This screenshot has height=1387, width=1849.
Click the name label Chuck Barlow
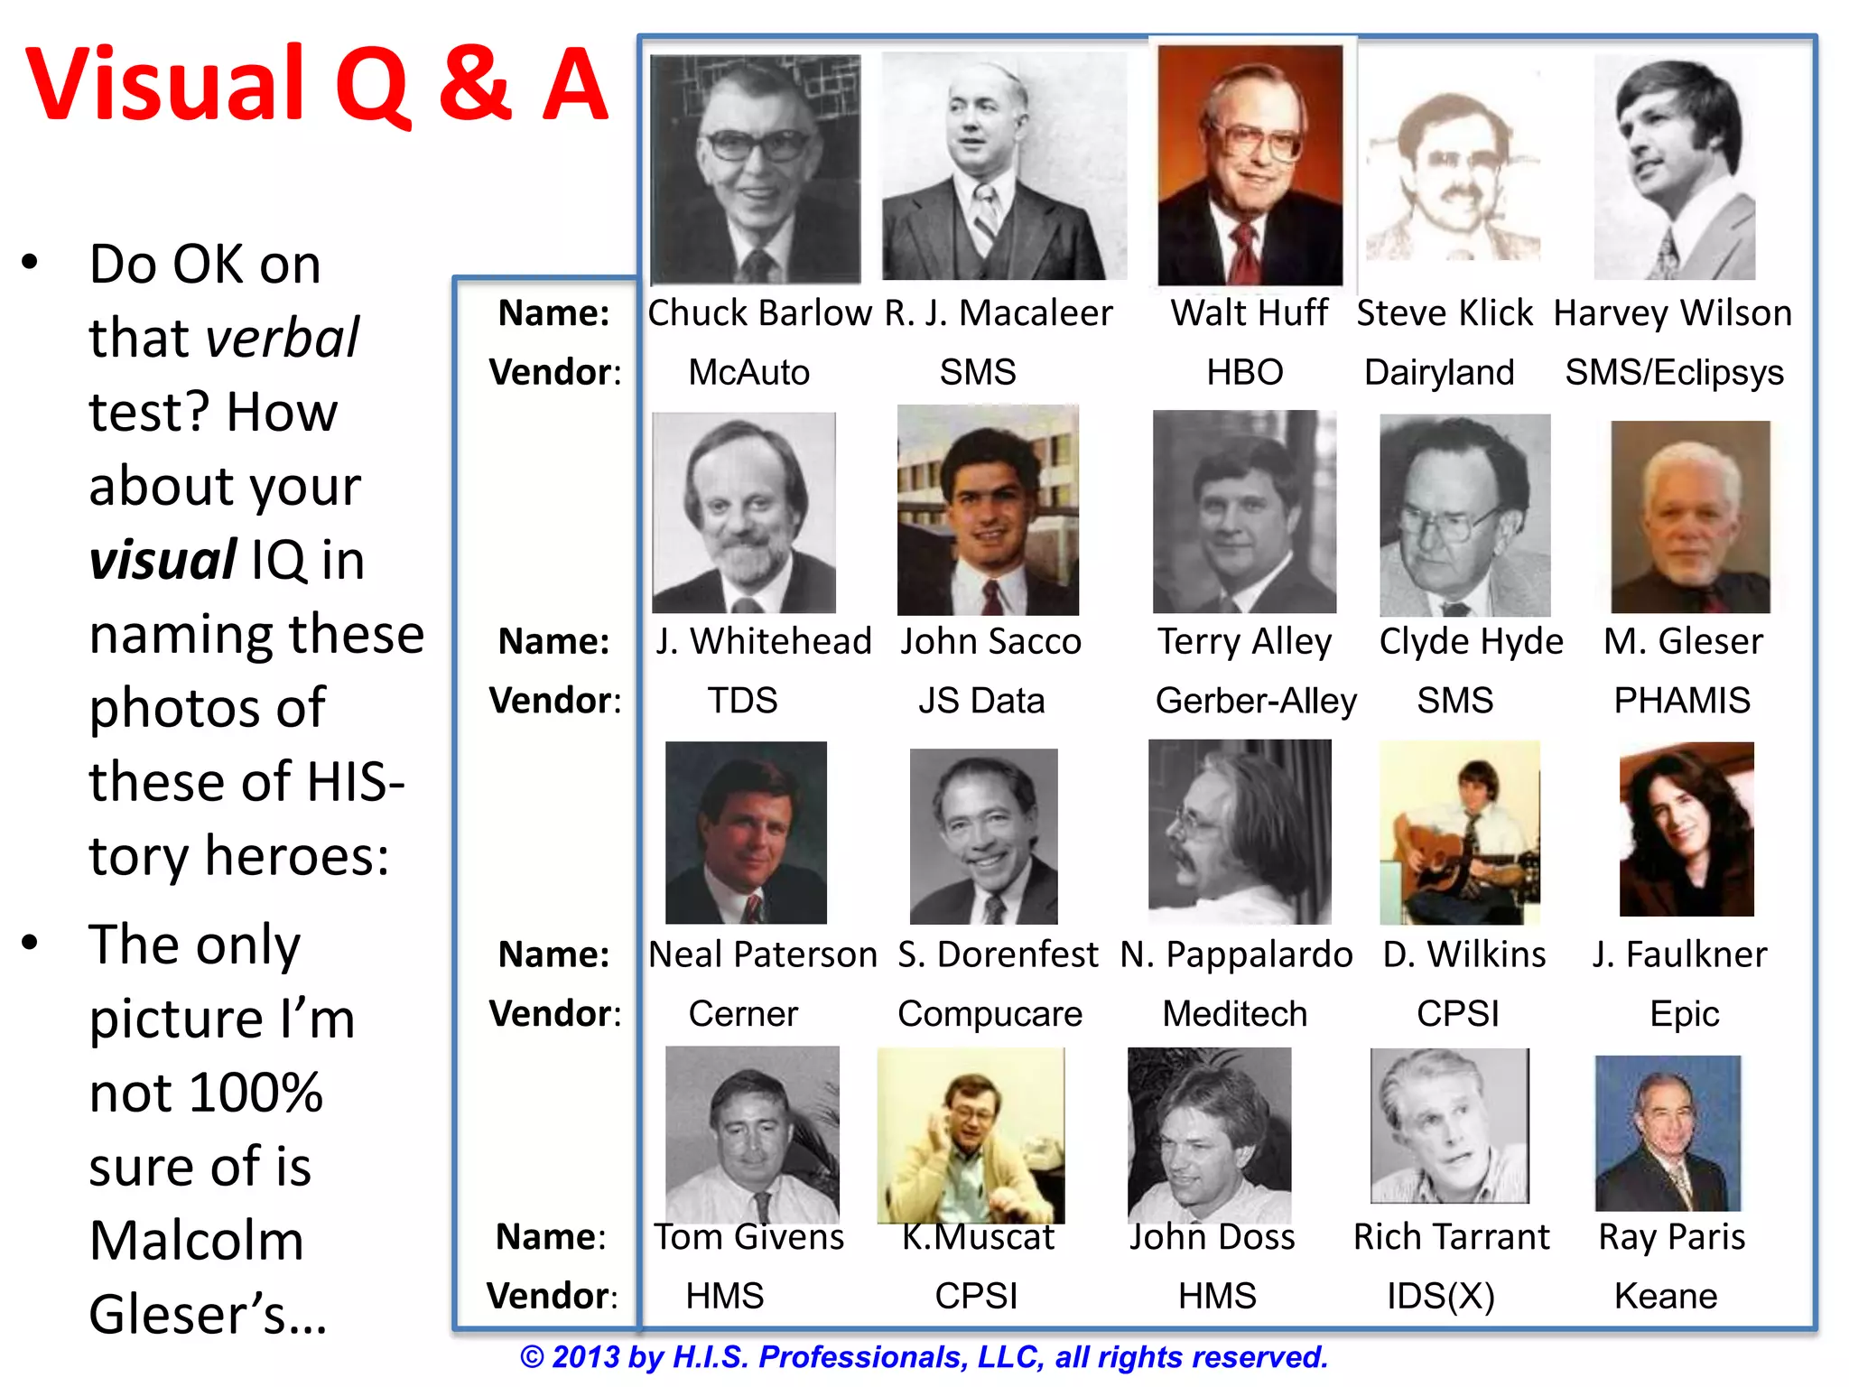(759, 313)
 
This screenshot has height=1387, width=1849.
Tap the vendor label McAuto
(748, 372)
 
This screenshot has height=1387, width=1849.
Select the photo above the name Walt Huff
(1250, 166)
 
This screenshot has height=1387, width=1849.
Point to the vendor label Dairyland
(1439, 372)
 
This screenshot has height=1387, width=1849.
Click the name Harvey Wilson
(1672, 313)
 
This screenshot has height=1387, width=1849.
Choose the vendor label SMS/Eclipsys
(1674, 372)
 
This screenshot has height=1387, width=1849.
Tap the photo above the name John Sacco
(988, 511)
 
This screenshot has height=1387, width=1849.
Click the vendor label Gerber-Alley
(1255, 701)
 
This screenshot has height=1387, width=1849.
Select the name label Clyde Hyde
(1471, 641)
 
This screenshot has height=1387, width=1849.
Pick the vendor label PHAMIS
(1682, 701)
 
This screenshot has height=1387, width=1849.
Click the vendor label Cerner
(743, 1014)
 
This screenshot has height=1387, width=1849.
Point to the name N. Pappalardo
(1236, 954)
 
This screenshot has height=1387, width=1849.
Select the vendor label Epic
(1684, 1014)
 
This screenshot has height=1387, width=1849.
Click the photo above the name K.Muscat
(971, 1136)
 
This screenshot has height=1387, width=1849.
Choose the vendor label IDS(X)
(1441, 1296)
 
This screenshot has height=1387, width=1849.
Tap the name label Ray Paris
(1671, 1236)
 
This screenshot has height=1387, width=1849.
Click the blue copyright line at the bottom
(924, 1356)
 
